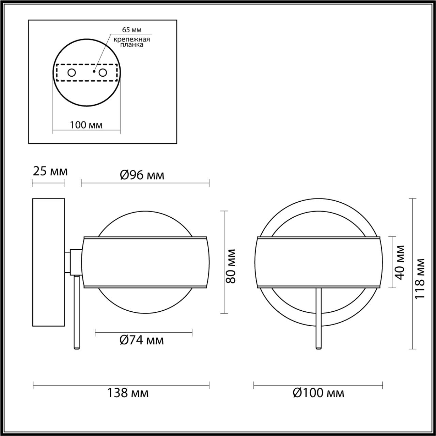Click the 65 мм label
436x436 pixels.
(x=132, y=30)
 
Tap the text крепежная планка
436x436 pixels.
(x=132, y=42)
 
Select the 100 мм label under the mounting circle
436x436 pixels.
(x=86, y=125)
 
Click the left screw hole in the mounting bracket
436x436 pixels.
(x=72, y=73)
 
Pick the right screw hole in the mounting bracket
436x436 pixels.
(x=103, y=73)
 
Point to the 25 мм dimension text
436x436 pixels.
(x=50, y=171)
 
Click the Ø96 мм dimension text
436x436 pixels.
(x=142, y=175)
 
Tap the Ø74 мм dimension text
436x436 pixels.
(x=142, y=340)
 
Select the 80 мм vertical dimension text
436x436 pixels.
(x=231, y=266)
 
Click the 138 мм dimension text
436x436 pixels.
(x=128, y=393)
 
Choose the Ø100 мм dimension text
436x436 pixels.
(x=318, y=393)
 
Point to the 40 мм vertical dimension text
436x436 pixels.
(x=400, y=262)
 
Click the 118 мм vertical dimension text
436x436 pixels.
(x=420, y=279)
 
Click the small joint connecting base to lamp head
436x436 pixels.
(x=75, y=262)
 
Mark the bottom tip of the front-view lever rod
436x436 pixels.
(x=319, y=347)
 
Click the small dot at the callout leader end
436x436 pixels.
(x=94, y=72)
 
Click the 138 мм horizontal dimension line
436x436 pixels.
(x=121, y=386)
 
